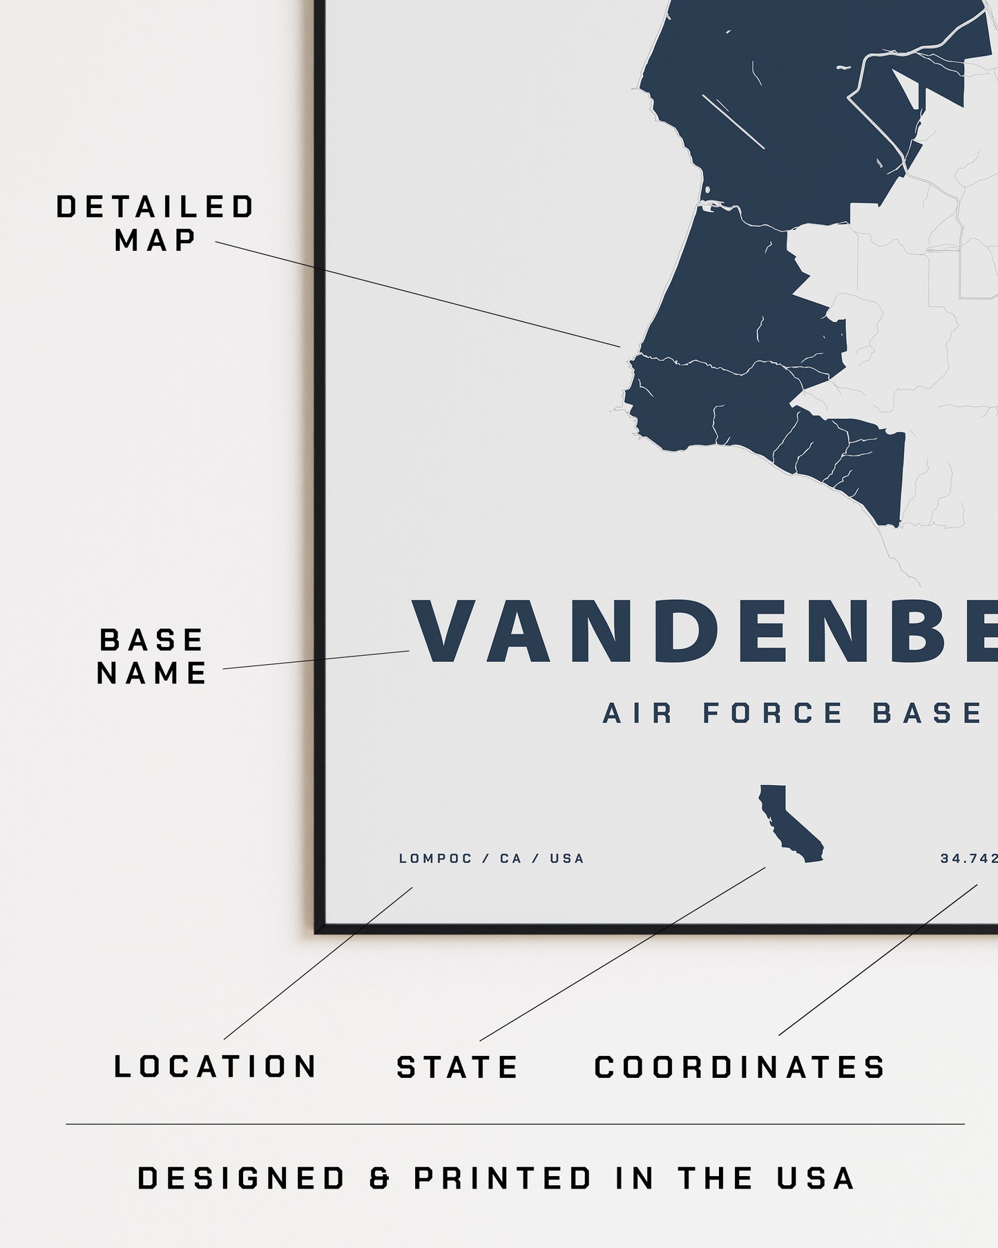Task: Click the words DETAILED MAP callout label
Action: click(155, 223)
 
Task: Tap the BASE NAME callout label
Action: click(152, 656)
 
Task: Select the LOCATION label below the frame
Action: click(215, 1066)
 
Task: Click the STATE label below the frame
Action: click(457, 1067)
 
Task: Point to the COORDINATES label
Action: click(740, 1067)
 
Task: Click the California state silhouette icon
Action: click(789, 824)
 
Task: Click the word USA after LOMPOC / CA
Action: click(567, 859)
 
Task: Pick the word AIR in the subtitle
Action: click(637, 713)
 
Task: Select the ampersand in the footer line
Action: click(379, 1179)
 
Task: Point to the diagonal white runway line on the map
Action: click(733, 121)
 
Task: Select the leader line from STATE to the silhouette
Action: click(622, 954)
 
